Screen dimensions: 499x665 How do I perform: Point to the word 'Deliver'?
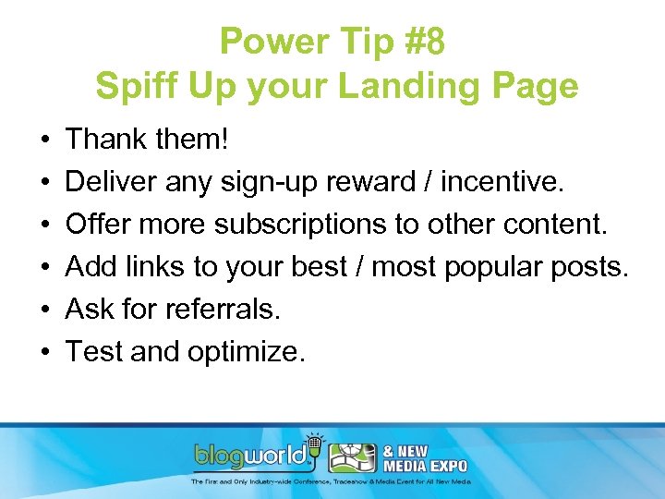[x=112, y=182]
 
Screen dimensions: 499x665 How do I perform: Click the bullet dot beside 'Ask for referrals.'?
[x=45, y=310]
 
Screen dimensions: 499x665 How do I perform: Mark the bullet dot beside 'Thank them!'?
[x=45, y=140]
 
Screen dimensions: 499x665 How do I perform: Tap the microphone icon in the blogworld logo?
[x=313, y=444]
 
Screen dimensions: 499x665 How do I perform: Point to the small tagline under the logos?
[x=332, y=481]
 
